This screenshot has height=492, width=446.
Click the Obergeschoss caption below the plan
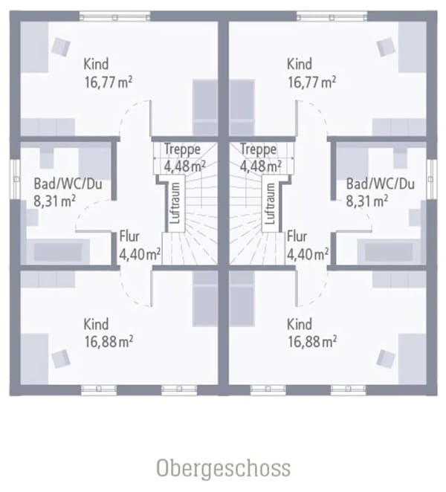coord(223,468)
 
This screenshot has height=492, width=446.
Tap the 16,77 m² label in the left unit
coord(109,82)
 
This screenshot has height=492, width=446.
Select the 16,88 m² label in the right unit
coord(312,341)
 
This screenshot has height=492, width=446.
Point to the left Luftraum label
coord(175,204)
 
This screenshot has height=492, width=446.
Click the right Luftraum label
coord(270,204)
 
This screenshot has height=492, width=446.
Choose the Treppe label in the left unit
coord(182,149)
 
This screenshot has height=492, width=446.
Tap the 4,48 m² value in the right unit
coord(260,166)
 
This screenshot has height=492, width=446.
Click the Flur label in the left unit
coord(129,236)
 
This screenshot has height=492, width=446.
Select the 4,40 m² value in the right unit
coord(308,254)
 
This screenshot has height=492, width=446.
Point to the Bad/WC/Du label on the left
coord(68,184)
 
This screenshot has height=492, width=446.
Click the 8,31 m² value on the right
coord(367,201)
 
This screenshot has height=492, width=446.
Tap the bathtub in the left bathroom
coord(58,252)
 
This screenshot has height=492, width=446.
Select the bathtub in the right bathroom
coord(389,252)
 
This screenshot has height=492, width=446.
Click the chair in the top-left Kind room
coord(61,47)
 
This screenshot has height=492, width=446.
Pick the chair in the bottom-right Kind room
coord(386,359)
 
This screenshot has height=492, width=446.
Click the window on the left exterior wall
coord(15,179)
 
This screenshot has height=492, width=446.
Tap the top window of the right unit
coord(332,16)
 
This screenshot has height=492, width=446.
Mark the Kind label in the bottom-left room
coord(96,324)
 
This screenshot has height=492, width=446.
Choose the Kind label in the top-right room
coord(300,64)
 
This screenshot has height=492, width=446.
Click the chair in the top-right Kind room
coord(386,47)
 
